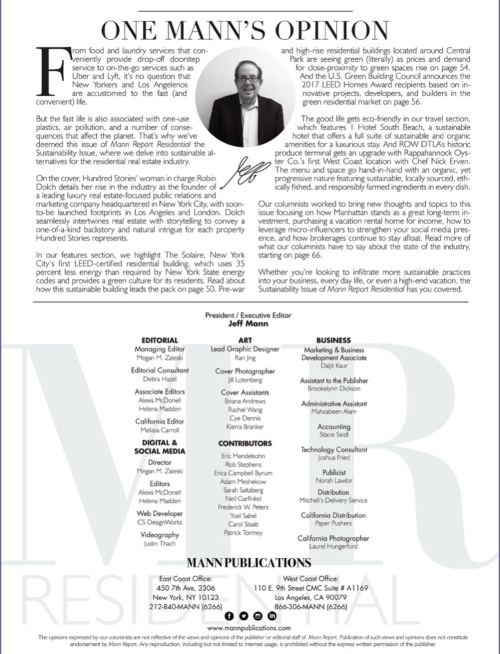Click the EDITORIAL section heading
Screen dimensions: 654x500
pyautogui.click(x=159, y=340)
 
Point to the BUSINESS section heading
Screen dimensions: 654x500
pyautogui.click(x=333, y=340)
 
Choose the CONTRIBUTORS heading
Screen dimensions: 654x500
pyautogui.click(x=245, y=443)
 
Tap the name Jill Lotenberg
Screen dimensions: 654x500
pyautogui.click(x=245, y=381)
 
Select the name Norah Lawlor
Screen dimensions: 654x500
pyautogui.click(x=333, y=481)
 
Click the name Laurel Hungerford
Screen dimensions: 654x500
pyautogui.click(x=333, y=547)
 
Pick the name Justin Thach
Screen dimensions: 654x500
pyautogui.click(x=159, y=544)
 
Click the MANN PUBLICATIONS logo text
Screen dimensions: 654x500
pyautogui.click(x=249, y=563)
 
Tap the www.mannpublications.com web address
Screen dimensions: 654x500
pyautogui.click(x=249, y=628)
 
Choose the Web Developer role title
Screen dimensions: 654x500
pyautogui.click(x=159, y=513)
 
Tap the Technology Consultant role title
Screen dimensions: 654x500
pyautogui.click(x=333, y=450)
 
